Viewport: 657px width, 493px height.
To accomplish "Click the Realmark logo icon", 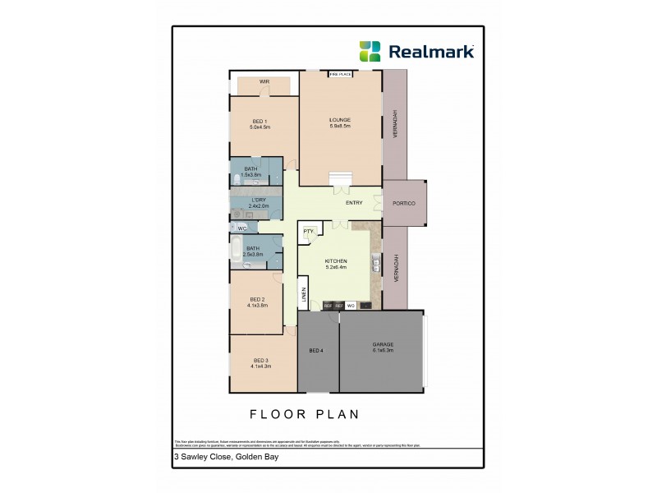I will pos(370,51).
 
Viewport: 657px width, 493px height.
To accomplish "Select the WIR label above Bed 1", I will pos(264,82).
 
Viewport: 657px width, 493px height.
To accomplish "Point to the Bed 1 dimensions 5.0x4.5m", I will pos(260,127).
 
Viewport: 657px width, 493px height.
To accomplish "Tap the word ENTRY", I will pos(354,203).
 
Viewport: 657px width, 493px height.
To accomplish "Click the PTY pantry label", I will pos(309,232).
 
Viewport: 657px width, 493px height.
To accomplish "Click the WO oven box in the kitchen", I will pos(351,306).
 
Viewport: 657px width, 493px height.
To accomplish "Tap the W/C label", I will pos(242,228).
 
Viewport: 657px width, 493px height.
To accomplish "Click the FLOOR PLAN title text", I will pos(305,414).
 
